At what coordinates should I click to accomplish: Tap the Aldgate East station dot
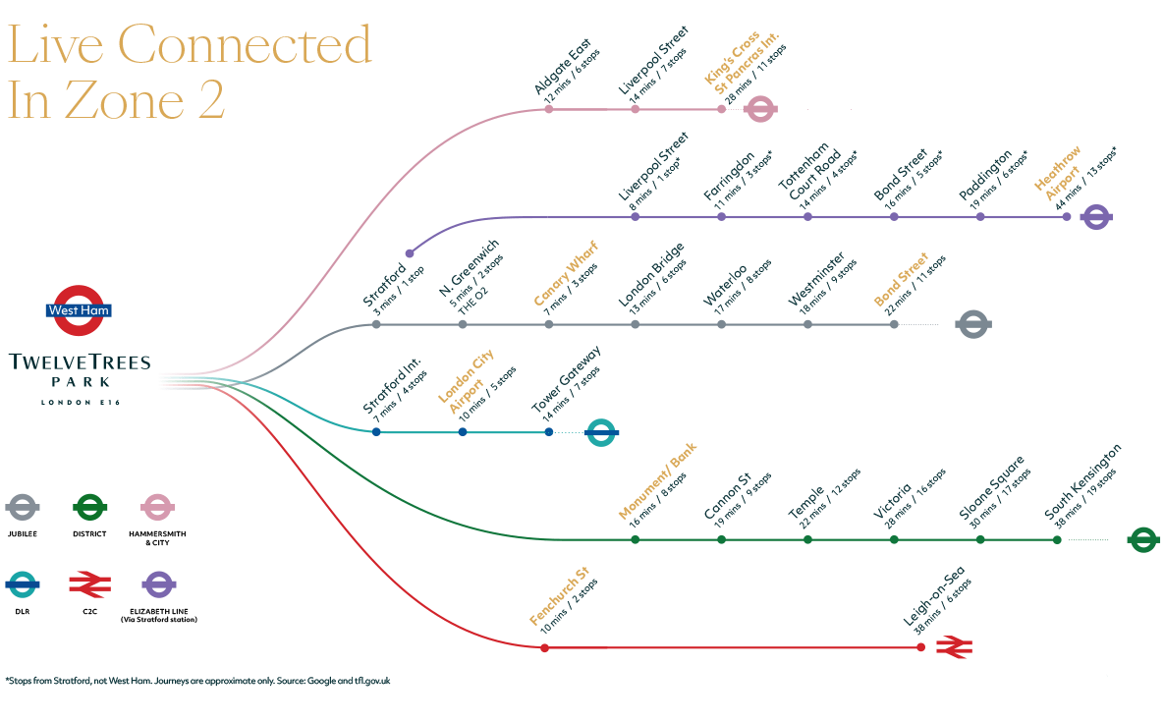549,109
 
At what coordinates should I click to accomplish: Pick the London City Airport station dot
463,432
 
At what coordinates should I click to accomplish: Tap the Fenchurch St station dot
544,648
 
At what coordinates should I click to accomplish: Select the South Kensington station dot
1057,540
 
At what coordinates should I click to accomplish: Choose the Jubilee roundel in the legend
23,508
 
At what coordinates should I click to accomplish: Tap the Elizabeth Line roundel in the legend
158,585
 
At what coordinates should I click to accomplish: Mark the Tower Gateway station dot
549,432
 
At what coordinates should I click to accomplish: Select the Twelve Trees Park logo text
80,370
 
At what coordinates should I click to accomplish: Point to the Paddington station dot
980,216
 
